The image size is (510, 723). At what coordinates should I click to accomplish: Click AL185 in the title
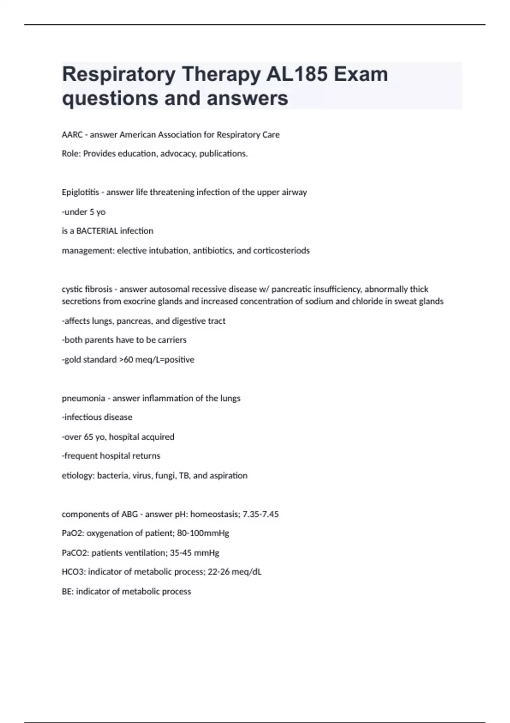click(297, 74)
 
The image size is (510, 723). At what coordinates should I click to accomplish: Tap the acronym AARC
click(72, 135)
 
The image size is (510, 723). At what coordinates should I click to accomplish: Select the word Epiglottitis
click(80, 192)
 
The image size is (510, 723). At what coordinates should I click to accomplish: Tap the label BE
click(67, 592)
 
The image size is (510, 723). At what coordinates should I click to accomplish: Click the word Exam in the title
click(360, 74)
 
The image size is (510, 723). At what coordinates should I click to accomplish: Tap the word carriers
click(172, 340)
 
